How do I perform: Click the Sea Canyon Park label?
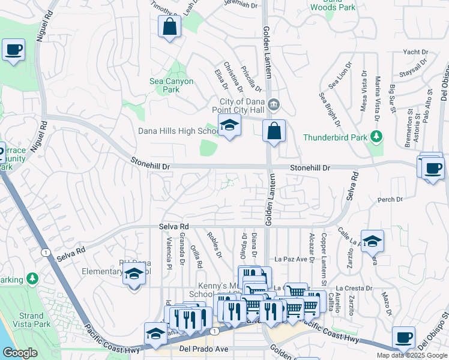click(x=172, y=85)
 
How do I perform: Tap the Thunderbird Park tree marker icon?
click(x=377, y=136)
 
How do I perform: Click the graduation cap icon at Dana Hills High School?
click(x=228, y=127)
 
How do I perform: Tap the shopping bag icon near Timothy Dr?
click(x=169, y=26)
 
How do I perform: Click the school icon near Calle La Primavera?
click(x=372, y=241)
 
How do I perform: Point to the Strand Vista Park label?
click(x=31, y=320)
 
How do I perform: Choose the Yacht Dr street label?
click(x=415, y=52)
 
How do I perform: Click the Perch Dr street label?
click(x=390, y=199)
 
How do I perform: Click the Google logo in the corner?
click(x=20, y=352)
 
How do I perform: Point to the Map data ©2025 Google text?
click(x=412, y=355)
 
